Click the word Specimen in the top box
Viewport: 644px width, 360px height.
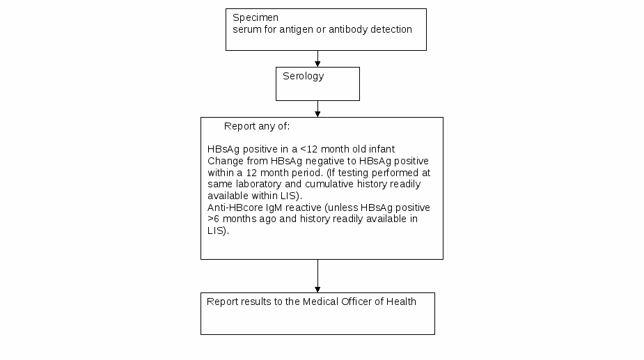coord(256,18)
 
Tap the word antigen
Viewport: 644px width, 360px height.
coord(296,29)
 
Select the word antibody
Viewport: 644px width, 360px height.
coord(348,29)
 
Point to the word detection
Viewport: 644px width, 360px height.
coord(391,29)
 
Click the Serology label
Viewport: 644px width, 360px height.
coord(304,77)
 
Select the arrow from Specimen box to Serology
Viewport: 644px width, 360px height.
coord(317,58)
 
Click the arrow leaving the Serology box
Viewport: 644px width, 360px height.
coord(317,109)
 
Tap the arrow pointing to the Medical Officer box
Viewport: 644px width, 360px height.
coord(317,276)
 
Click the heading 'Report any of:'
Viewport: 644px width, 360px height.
coord(257,126)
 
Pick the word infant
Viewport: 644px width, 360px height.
coord(382,149)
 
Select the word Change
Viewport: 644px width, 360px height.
coord(226,161)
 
